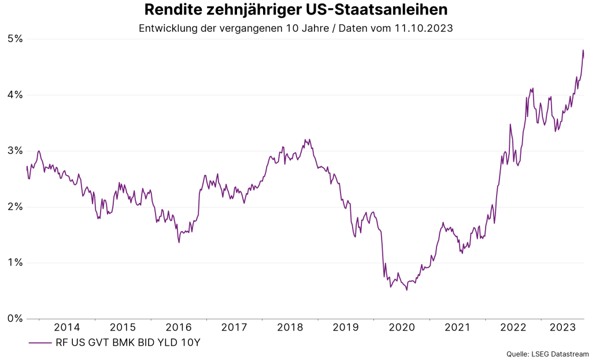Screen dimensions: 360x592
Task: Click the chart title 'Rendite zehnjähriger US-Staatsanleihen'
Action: (295, 10)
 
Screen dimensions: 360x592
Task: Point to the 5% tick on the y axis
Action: (14, 39)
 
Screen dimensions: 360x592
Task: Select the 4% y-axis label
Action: (14, 95)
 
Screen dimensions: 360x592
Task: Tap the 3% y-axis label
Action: (14, 151)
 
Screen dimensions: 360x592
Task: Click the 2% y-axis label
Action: (14, 207)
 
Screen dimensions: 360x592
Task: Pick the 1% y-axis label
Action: (14, 262)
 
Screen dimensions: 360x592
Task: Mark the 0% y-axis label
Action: (14, 318)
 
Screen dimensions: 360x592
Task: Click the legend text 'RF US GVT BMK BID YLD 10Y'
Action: (128, 343)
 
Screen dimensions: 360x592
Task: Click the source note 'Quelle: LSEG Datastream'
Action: (547, 354)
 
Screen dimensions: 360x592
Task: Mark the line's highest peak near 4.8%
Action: (583, 50)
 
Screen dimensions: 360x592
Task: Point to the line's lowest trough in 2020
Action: (406, 290)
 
